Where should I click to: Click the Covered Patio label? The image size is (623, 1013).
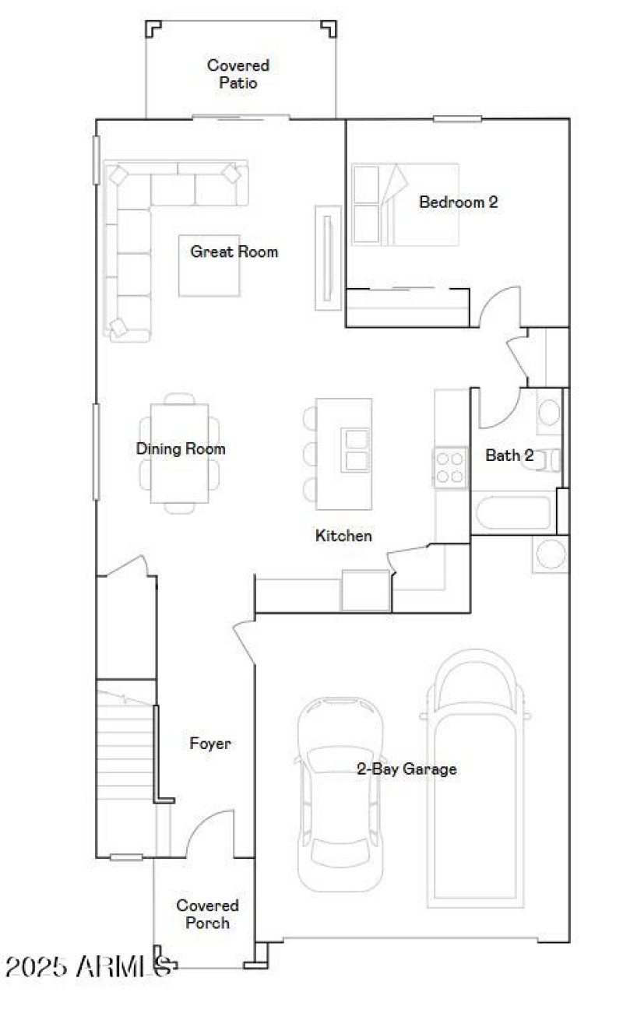click(x=238, y=74)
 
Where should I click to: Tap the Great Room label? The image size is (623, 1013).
click(x=234, y=251)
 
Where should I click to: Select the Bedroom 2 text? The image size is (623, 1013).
click(x=458, y=202)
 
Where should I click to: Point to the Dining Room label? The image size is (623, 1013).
click(x=181, y=448)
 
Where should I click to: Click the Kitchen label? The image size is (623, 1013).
click(x=343, y=536)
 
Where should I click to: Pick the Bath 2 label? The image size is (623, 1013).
click(x=509, y=455)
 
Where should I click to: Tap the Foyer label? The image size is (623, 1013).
click(x=210, y=744)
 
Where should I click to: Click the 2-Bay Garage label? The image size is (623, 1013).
click(x=407, y=769)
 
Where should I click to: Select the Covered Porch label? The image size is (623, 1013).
click(x=207, y=914)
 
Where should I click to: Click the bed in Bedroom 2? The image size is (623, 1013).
click(x=404, y=204)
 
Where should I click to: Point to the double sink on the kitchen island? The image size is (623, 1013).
click(x=355, y=450)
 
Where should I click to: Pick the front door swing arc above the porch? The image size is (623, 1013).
click(x=209, y=833)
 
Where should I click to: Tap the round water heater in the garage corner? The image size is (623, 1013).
click(x=551, y=554)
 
